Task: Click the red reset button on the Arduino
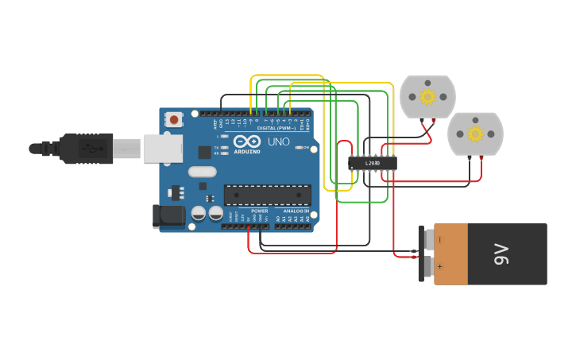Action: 173,119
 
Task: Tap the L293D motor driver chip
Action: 372,163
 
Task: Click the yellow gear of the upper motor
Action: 427,97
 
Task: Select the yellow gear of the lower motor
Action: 475,134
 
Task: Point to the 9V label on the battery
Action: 501,254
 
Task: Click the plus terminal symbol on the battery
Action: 439,268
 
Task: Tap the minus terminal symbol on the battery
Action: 439,239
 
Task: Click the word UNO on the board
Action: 279,141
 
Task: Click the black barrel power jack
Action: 168,215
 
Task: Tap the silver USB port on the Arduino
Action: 162,149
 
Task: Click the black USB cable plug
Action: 87,149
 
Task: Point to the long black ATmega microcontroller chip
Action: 267,195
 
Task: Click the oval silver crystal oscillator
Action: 202,172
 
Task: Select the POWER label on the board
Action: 259,211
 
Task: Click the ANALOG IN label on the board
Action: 296,211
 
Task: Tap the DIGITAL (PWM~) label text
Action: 276,128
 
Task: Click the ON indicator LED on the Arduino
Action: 299,147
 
